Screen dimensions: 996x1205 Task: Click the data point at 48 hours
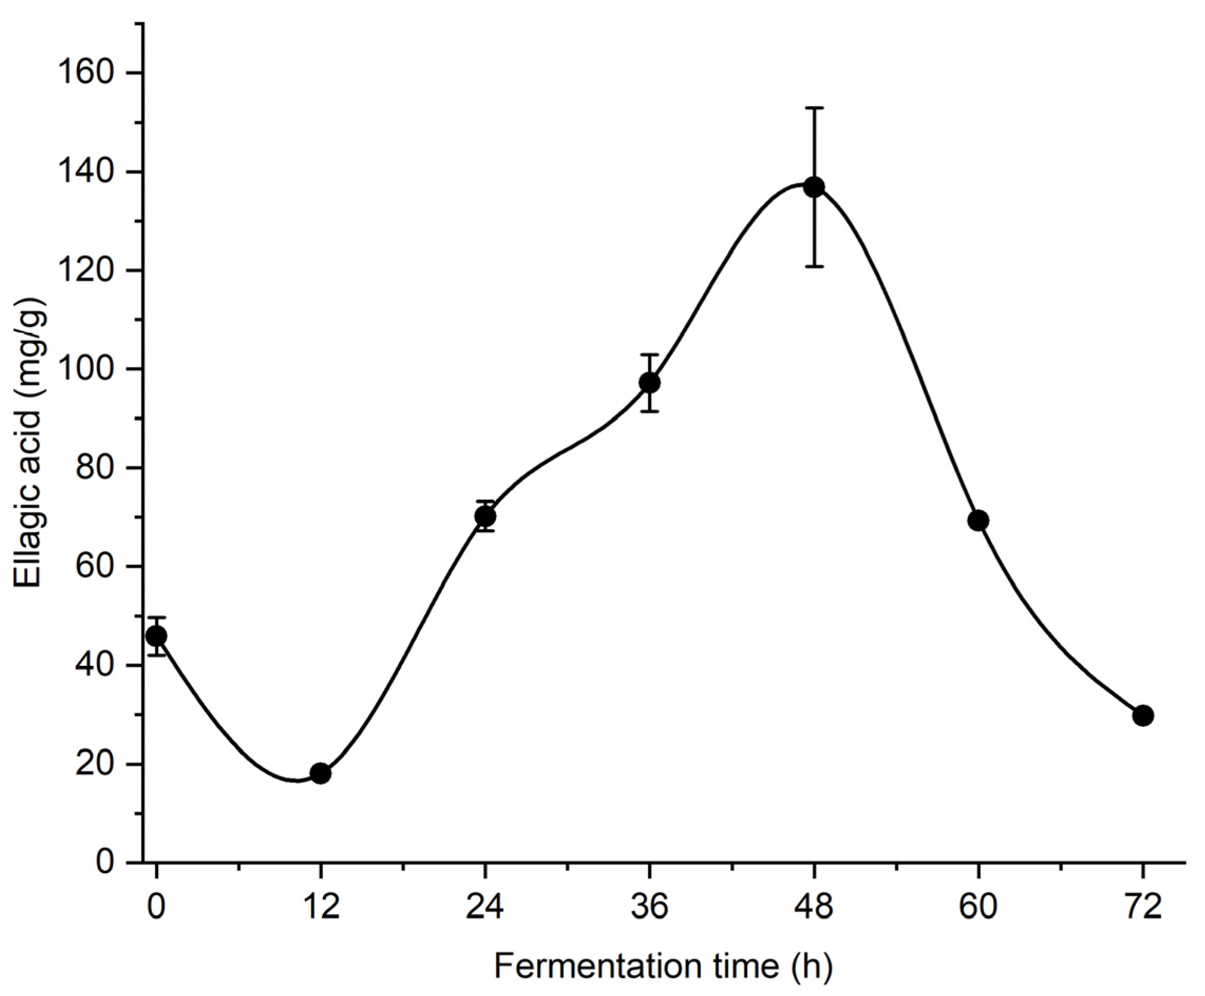pos(814,187)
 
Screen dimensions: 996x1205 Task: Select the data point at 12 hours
pos(321,773)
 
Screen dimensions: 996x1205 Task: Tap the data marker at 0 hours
pos(157,636)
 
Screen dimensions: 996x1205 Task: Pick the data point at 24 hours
pos(485,516)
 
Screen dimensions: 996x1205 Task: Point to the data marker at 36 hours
pos(649,382)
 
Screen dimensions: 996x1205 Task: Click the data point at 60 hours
pos(978,520)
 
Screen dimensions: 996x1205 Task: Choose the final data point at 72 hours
pos(1142,715)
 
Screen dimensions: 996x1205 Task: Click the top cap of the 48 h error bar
pos(814,108)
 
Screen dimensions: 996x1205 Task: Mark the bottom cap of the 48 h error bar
pos(814,266)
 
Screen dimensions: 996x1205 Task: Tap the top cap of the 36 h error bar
pos(649,355)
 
